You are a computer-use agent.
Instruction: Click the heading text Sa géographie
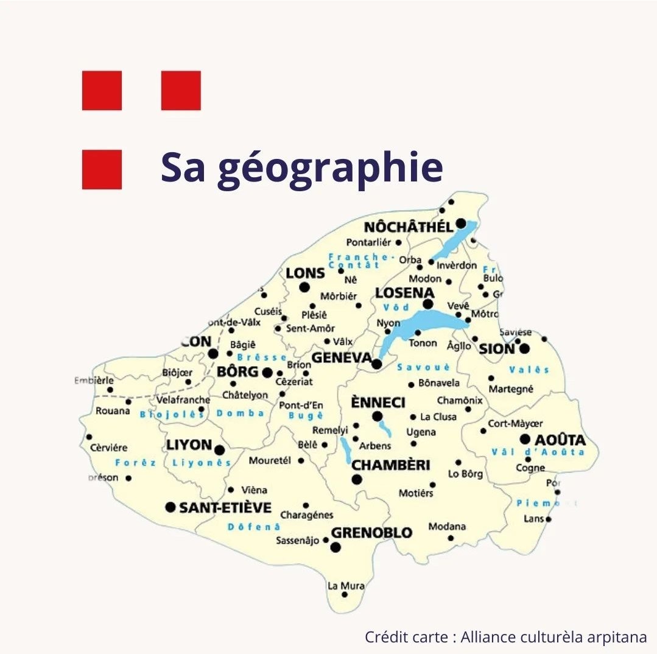point(301,168)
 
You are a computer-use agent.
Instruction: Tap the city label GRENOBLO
point(371,533)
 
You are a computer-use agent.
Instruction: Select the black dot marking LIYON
point(219,450)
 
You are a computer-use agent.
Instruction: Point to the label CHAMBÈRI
point(391,465)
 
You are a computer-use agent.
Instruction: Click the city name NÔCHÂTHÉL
point(409,227)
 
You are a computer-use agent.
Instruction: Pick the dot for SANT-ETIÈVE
point(170,507)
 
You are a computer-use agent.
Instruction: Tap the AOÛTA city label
point(561,440)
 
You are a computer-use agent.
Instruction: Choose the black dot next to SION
point(524,348)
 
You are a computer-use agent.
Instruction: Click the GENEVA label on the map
point(342,357)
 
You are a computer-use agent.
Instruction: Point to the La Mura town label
point(346,586)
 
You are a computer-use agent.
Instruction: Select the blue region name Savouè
point(423,367)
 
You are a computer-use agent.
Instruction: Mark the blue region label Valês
point(529,370)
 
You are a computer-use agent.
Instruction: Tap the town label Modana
point(447,527)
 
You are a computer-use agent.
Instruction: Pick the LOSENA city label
point(404,293)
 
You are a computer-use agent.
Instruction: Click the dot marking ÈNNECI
point(377,417)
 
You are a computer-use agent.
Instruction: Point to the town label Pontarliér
point(369,242)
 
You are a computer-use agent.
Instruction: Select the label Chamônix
point(460,401)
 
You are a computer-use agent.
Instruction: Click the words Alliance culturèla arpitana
point(553,637)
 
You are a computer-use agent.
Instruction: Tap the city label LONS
point(305,273)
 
